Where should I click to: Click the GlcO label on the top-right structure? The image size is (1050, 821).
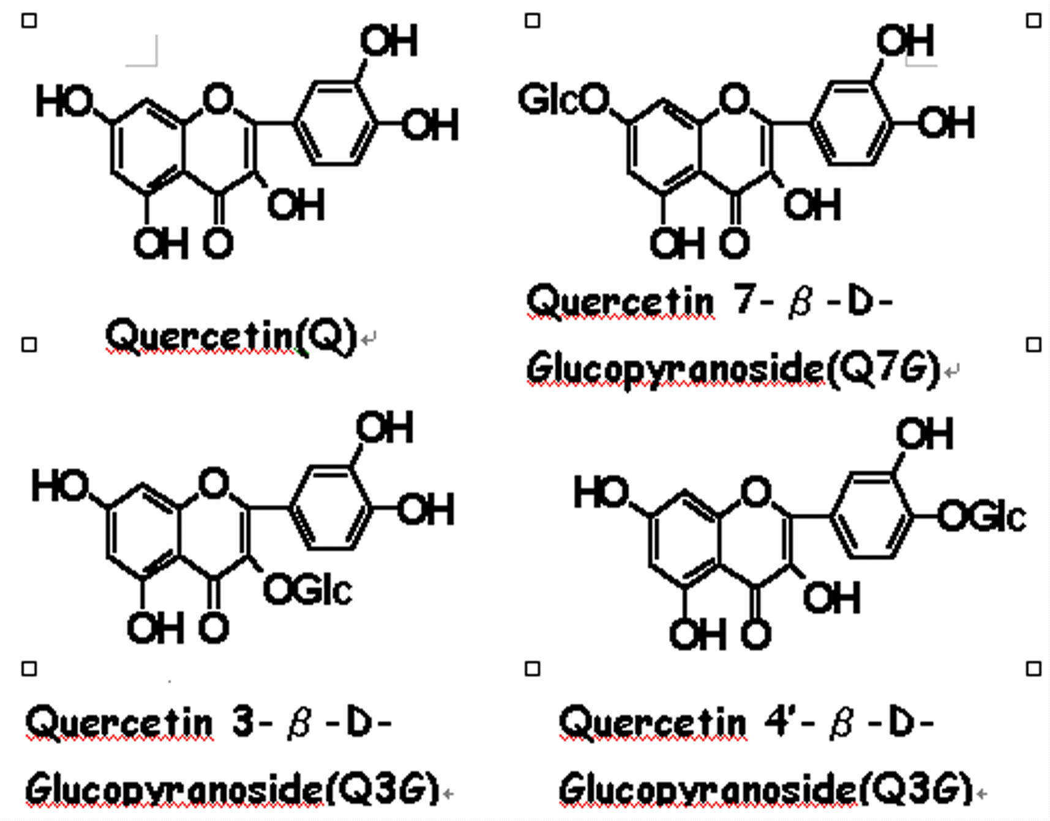point(563,99)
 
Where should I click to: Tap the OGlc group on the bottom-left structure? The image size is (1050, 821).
point(307,590)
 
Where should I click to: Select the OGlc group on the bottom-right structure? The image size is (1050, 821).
point(981,515)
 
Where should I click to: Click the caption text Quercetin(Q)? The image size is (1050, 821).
point(231,336)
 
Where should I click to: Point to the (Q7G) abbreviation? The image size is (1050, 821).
point(883,369)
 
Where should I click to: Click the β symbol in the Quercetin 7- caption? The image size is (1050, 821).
point(800,302)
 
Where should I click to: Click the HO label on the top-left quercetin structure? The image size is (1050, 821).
point(64,101)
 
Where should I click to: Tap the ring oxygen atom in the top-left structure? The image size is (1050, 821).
point(219,99)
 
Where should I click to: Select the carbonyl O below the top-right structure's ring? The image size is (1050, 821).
point(734,242)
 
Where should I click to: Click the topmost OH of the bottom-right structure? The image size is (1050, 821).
point(924,433)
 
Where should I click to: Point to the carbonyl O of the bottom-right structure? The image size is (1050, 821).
point(756,634)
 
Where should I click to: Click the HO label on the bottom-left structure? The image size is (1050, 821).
point(59,486)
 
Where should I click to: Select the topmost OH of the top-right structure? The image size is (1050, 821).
point(905,40)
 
